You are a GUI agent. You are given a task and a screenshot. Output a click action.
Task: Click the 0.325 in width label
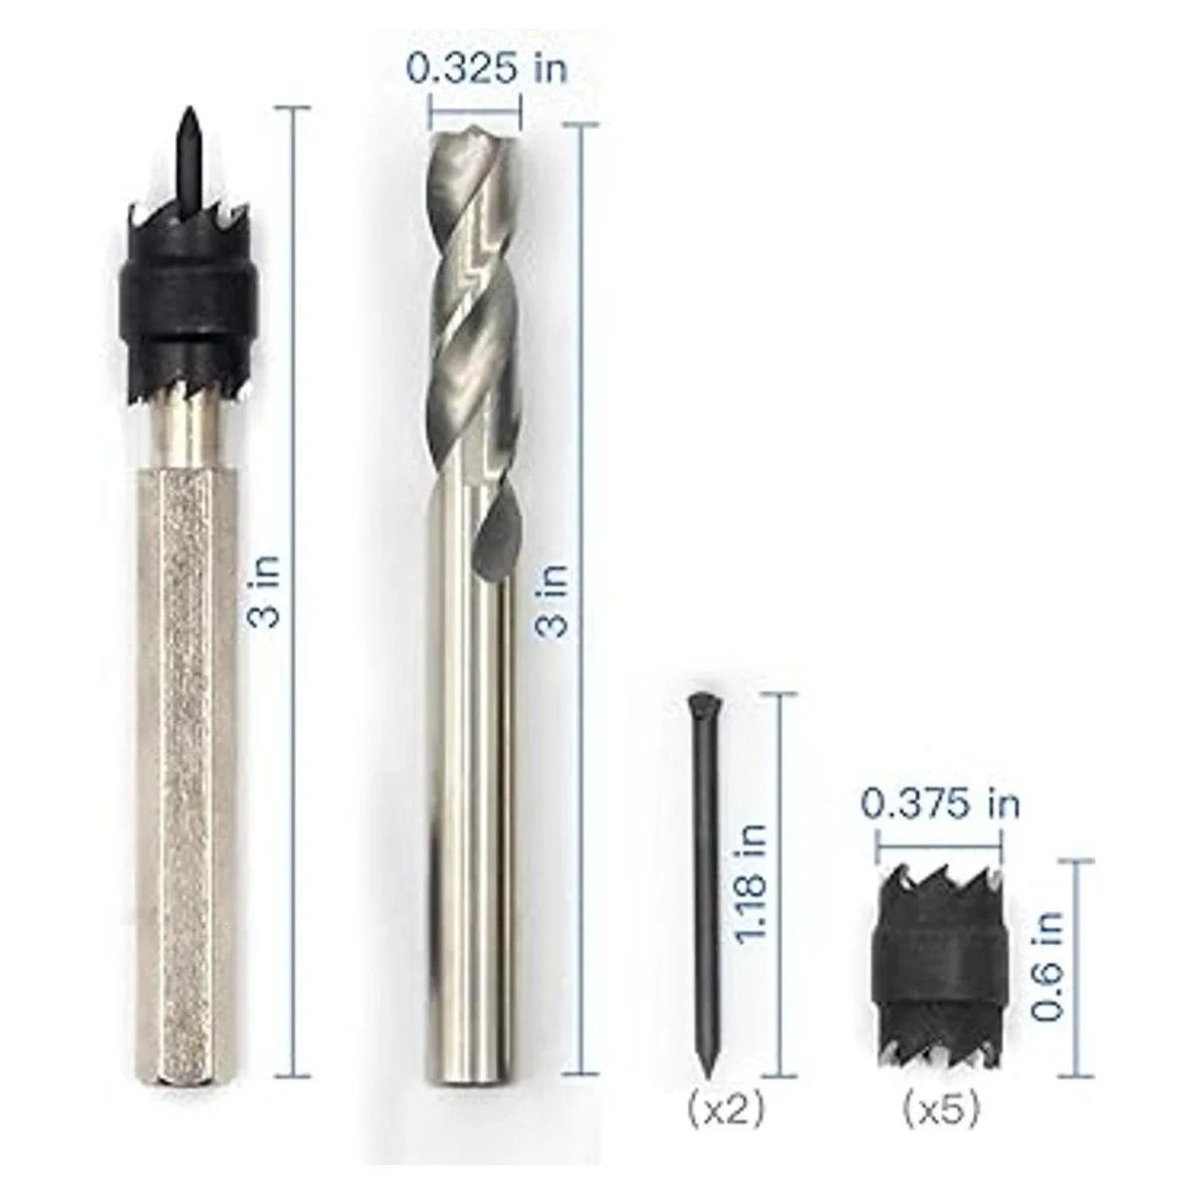(487, 69)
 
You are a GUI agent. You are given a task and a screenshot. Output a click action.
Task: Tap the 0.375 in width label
(939, 805)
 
